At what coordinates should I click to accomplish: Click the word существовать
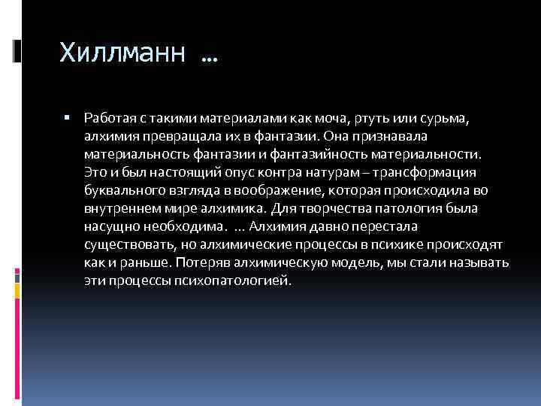point(125,244)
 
